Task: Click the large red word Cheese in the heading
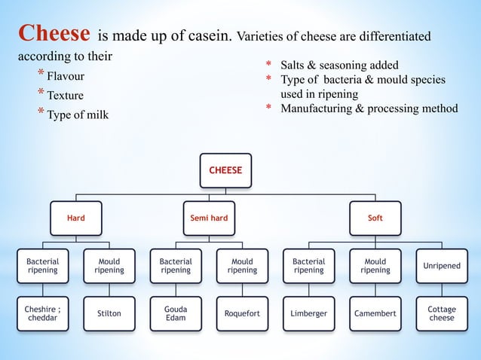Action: [55, 34]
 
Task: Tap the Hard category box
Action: [76, 218]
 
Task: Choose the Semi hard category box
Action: [209, 218]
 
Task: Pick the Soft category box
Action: [375, 218]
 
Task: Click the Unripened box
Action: [442, 266]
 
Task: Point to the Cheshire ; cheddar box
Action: [43, 313]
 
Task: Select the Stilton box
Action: [109, 313]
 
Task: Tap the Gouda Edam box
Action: [176, 313]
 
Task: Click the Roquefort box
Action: [242, 313]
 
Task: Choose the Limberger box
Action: [308, 313]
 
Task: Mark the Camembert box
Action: [375, 313]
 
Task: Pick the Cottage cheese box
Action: [442, 313]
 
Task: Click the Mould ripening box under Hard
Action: [109, 266]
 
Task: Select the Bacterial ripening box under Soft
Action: [308, 266]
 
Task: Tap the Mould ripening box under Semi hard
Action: [242, 266]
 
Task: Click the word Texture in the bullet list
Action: [65, 96]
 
